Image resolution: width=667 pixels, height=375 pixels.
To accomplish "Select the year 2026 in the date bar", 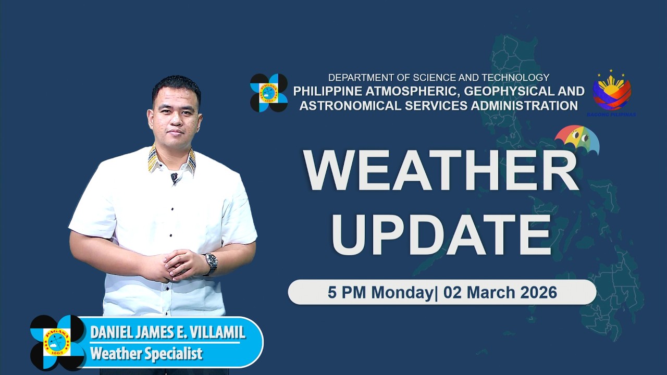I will pos(538,292).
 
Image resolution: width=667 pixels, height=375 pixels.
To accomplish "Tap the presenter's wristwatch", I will pos(211,263).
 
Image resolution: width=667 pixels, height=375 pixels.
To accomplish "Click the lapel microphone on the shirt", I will pos(175,178).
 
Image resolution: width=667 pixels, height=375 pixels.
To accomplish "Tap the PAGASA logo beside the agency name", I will pos(269,93).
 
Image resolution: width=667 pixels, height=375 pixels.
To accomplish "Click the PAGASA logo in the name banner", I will pos(57,342).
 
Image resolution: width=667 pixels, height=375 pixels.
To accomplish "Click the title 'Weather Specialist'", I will pos(146,354).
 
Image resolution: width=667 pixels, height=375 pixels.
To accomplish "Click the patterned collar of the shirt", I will pos(152,159).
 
